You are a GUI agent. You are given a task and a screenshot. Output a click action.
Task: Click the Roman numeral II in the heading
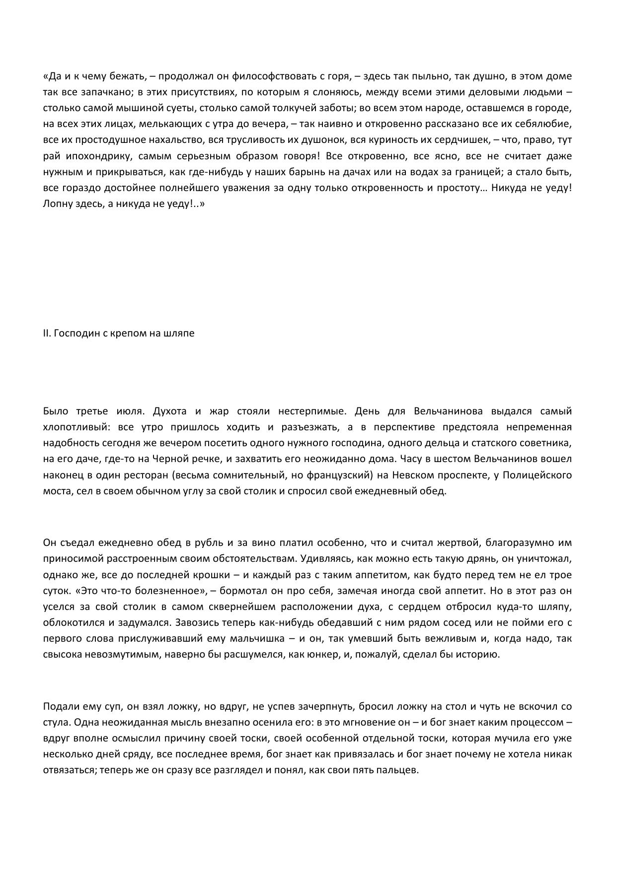pos(46,333)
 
